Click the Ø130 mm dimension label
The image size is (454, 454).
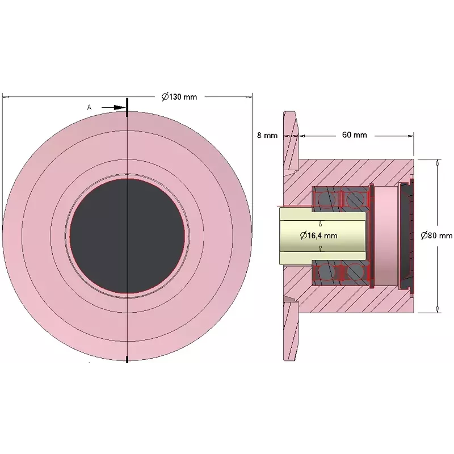179,96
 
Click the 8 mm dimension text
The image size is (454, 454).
267,135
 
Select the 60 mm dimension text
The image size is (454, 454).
354,135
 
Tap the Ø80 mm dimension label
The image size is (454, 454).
436,236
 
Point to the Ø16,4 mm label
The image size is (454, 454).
318,236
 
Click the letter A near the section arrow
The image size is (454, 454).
89,107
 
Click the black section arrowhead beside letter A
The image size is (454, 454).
120,107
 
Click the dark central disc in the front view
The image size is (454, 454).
127,236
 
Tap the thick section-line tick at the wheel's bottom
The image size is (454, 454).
127,359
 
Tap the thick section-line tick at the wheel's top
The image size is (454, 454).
127,107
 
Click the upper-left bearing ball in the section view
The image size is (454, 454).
326,199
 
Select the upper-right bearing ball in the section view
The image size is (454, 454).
355,199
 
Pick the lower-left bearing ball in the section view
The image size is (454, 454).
326,272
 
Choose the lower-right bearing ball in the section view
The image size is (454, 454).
355,272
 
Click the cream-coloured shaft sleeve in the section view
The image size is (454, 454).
322,236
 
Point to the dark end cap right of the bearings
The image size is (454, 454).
406,236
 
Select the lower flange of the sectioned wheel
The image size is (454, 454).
291,331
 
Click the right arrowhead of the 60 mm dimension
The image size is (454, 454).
410,136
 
